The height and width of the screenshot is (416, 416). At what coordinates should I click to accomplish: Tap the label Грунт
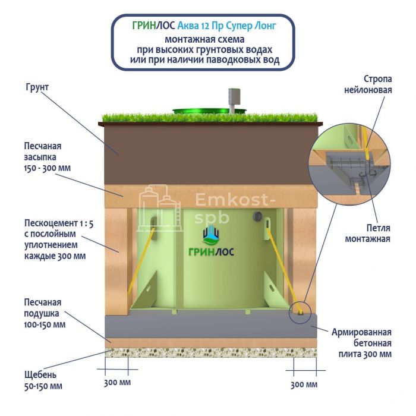(x=37, y=87)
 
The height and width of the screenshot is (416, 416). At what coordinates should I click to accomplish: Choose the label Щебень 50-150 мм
(x=43, y=380)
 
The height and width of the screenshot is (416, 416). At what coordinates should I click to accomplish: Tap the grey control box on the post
(x=234, y=96)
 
